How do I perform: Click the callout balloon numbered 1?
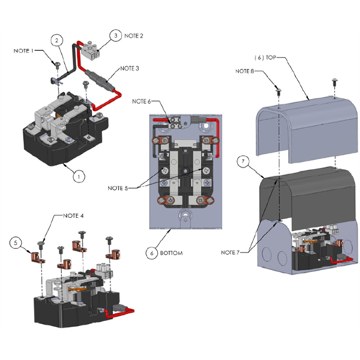79,174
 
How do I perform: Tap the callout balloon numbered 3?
114,35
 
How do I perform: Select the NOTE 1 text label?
24,50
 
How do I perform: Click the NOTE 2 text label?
134,35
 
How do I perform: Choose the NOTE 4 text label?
73,216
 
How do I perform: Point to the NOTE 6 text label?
141,102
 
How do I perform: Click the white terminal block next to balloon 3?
91,48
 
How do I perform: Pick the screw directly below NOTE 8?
278,89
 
